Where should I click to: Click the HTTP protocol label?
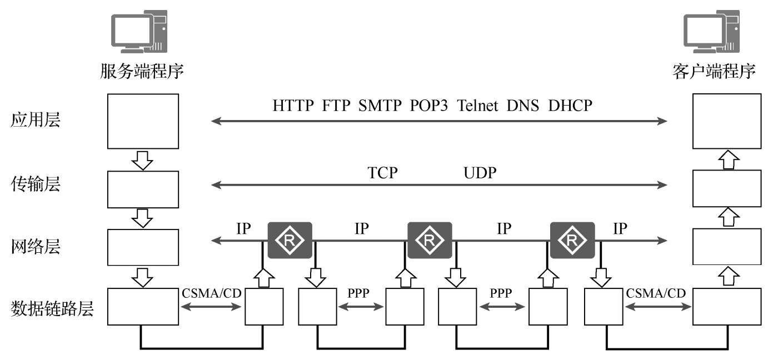[x=293, y=106]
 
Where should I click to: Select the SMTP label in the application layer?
[x=380, y=106]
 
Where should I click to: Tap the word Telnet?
[x=477, y=106]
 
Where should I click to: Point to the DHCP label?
[x=570, y=106]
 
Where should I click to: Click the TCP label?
[x=382, y=173]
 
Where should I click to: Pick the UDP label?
[x=480, y=173]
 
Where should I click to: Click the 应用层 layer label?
[x=36, y=120]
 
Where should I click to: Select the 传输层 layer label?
[x=36, y=183]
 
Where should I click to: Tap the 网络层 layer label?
[x=36, y=246]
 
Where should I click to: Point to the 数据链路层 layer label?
[x=52, y=308]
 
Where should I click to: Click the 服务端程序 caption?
[x=142, y=71]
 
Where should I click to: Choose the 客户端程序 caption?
[x=714, y=71]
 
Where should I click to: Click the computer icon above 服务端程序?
[x=139, y=32]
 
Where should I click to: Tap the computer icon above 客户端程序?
[x=711, y=32]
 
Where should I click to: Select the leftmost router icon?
[x=290, y=241]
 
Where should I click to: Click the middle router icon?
[x=430, y=241]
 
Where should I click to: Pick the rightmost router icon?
[x=572, y=241]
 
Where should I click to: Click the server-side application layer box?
[x=143, y=121]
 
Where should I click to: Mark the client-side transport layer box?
[x=727, y=189]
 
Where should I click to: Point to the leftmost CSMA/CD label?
[x=212, y=293]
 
